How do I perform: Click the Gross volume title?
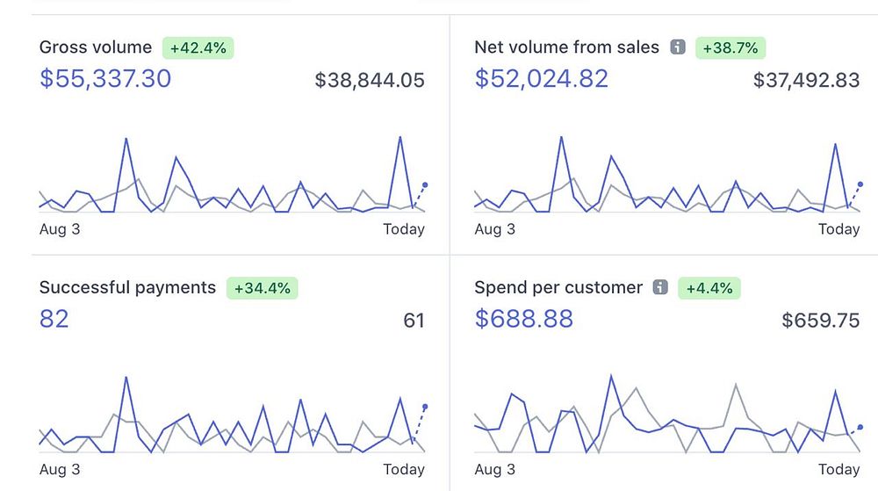(x=96, y=47)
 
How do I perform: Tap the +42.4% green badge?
(x=198, y=47)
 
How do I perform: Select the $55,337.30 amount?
(x=105, y=79)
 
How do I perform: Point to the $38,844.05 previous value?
(x=370, y=81)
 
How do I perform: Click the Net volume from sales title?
(x=566, y=47)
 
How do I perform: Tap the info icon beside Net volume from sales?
(x=677, y=47)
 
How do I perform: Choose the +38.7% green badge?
(x=730, y=47)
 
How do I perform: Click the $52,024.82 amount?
(x=542, y=79)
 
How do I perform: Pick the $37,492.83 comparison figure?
(x=806, y=81)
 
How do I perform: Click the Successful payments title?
(x=127, y=287)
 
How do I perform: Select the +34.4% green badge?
(x=262, y=288)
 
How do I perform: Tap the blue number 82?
(x=54, y=319)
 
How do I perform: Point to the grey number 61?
(x=414, y=321)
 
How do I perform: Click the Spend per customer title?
(x=558, y=287)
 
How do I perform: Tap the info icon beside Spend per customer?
(x=661, y=287)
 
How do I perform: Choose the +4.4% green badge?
(x=709, y=288)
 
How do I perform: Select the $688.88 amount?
(x=524, y=319)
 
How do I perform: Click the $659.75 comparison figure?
(x=820, y=321)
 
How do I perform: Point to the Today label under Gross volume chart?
(x=403, y=229)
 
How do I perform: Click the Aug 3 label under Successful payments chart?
(x=60, y=469)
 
